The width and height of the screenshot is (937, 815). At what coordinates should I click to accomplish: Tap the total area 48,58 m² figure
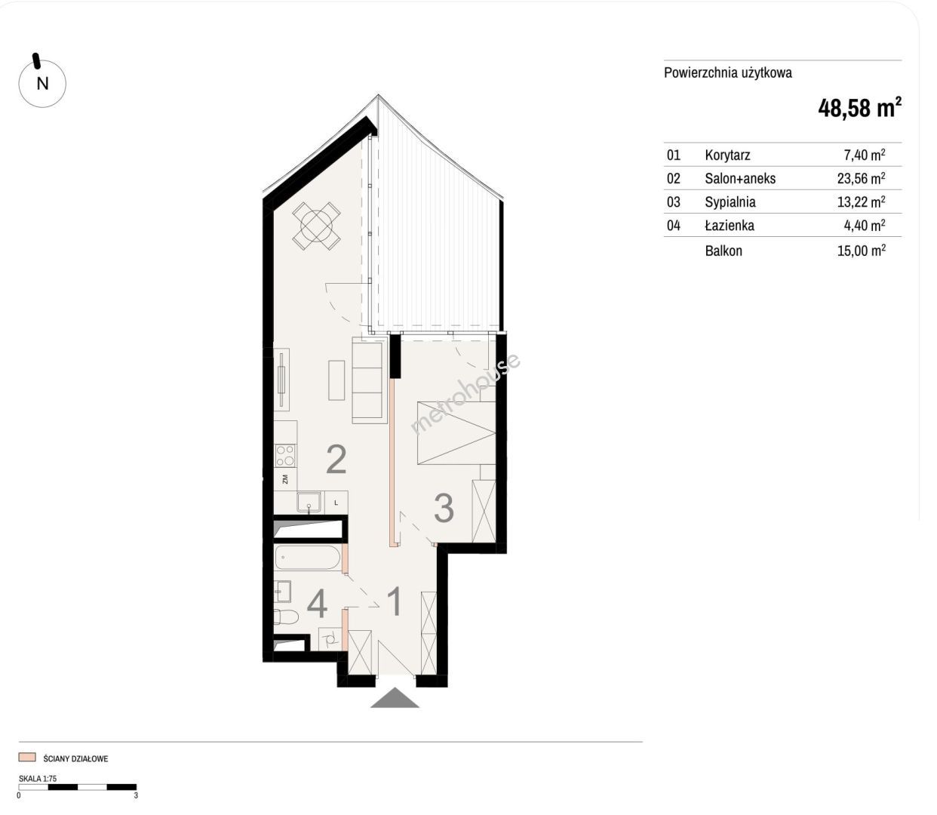(859, 108)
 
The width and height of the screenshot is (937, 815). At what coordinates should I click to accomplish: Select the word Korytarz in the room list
(727, 155)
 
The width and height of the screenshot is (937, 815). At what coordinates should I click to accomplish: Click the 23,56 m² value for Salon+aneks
(861, 178)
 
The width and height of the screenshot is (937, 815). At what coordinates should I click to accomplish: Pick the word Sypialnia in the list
(730, 202)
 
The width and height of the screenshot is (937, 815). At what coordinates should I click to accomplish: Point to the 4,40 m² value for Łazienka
(864, 226)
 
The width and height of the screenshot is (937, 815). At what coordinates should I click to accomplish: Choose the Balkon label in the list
(723, 251)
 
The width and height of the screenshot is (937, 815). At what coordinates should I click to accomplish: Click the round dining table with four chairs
(316, 226)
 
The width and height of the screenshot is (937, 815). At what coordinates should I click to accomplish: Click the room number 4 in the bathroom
(317, 604)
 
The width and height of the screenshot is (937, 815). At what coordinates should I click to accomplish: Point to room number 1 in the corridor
(395, 601)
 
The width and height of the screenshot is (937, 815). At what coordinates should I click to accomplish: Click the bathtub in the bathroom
(307, 558)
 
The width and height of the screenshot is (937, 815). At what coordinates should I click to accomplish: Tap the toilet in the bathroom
(286, 617)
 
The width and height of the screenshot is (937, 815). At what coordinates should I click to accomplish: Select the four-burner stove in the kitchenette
(285, 455)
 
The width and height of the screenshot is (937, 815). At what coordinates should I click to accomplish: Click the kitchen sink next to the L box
(309, 502)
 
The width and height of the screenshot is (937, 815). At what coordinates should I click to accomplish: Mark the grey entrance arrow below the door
(395, 697)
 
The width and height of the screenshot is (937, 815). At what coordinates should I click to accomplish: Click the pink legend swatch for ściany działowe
(27, 758)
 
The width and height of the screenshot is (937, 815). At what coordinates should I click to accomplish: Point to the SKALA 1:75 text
(38, 778)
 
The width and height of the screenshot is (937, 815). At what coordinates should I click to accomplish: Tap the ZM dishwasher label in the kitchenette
(285, 479)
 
